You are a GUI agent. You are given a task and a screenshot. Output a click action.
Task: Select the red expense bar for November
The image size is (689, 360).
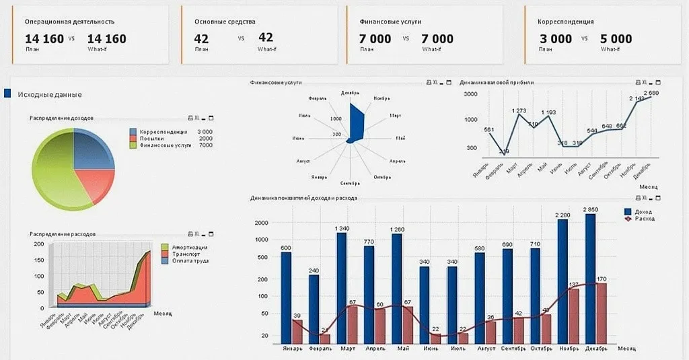[574, 316]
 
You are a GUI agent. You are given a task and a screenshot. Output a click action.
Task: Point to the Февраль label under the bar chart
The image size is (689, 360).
[319, 349]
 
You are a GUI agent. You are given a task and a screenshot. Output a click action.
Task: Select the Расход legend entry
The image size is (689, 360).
[643, 219]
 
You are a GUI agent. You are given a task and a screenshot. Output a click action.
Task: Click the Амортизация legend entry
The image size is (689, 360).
[189, 247]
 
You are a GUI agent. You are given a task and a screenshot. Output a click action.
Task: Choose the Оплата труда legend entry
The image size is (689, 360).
[189, 260]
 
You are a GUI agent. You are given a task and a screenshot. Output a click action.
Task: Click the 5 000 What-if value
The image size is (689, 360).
[616, 39]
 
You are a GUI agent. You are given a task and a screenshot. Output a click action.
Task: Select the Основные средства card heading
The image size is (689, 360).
[225, 22]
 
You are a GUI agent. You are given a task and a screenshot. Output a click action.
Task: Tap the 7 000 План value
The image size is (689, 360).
[375, 39]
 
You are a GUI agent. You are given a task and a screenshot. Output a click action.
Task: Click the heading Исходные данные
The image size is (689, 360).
[50, 94]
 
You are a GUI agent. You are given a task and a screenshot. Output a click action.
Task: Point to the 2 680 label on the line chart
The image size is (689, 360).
[651, 93]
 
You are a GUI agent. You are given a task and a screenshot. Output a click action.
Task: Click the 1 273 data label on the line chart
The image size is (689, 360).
[519, 110]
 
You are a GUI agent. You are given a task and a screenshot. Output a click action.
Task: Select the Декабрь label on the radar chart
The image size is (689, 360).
[350, 93]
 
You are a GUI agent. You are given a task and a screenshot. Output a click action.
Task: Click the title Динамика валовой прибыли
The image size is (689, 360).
[497, 83]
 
